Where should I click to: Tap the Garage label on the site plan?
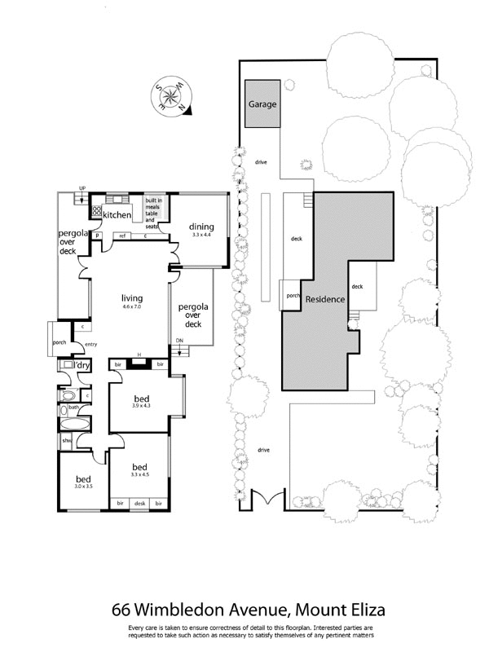pyautogui.click(x=262, y=105)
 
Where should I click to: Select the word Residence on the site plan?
pyautogui.click(x=325, y=299)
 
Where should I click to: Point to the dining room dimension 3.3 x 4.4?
pyautogui.click(x=201, y=235)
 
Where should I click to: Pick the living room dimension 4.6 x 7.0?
pyautogui.click(x=131, y=307)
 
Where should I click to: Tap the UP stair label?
pyautogui.click(x=81, y=188)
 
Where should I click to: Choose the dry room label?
pyautogui.click(x=84, y=365)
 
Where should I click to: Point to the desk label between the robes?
pyautogui.click(x=139, y=503)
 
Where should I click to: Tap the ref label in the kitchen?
pyautogui.click(x=122, y=236)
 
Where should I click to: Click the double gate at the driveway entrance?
pyautogui.click(x=262, y=500)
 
